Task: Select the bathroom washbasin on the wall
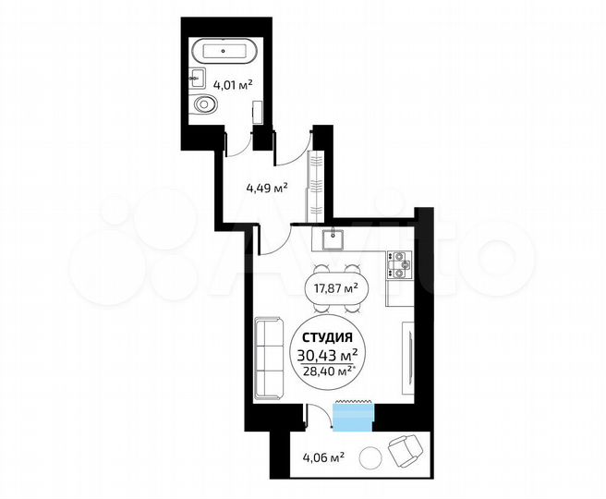click(x=198, y=76)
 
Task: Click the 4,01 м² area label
click(x=233, y=86)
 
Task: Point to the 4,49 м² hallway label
click(x=266, y=188)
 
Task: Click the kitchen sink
click(x=333, y=241)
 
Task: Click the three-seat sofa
click(x=270, y=358)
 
